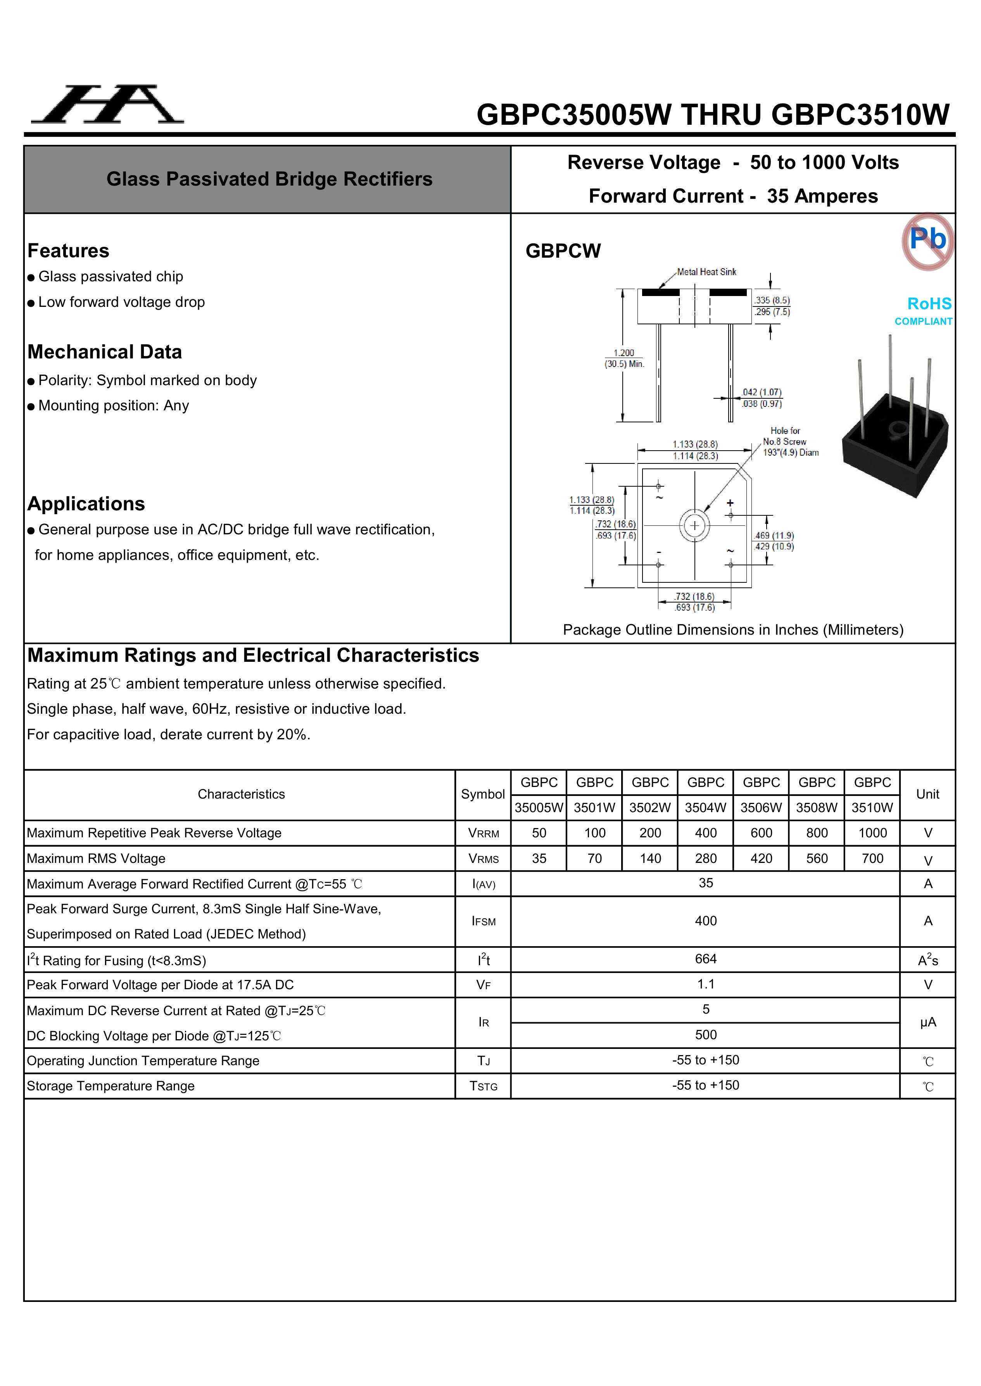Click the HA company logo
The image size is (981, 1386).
(107, 105)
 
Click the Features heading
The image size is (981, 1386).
(68, 251)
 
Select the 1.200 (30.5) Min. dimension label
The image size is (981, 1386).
(624, 358)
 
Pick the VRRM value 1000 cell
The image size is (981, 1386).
(872, 833)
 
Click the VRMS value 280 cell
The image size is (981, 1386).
(706, 858)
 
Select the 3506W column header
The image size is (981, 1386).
(761, 795)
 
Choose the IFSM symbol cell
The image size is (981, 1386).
(483, 921)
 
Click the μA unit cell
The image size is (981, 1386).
(928, 1023)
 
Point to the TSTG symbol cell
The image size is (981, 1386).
(483, 1086)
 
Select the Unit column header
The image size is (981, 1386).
(928, 794)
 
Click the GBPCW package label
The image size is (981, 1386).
(563, 251)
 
